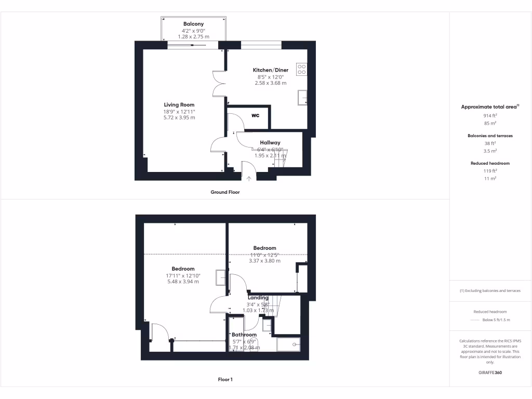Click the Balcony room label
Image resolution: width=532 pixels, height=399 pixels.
click(x=193, y=24)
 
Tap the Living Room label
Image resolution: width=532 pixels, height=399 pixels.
click(x=179, y=105)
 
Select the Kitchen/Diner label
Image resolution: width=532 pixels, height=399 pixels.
click(x=270, y=70)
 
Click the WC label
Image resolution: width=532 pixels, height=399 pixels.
click(x=255, y=115)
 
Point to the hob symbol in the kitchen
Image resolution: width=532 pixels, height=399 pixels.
click(x=301, y=69)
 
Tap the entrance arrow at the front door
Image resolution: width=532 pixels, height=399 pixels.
click(x=248, y=179)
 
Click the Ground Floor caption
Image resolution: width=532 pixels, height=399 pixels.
click(x=225, y=192)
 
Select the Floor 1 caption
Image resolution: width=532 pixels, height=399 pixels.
click(x=225, y=380)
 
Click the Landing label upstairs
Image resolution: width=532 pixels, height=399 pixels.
click(x=258, y=298)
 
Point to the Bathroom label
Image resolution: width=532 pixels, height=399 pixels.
click(x=244, y=335)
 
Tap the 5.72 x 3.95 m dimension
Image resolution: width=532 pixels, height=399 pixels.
click(x=179, y=117)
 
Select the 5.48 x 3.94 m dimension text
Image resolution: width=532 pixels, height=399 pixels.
click(x=183, y=282)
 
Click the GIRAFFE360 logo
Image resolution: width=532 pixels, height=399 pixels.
click(x=490, y=373)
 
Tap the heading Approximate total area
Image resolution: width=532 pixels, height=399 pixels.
click(x=490, y=107)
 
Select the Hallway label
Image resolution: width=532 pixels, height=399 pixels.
click(x=270, y=142)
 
